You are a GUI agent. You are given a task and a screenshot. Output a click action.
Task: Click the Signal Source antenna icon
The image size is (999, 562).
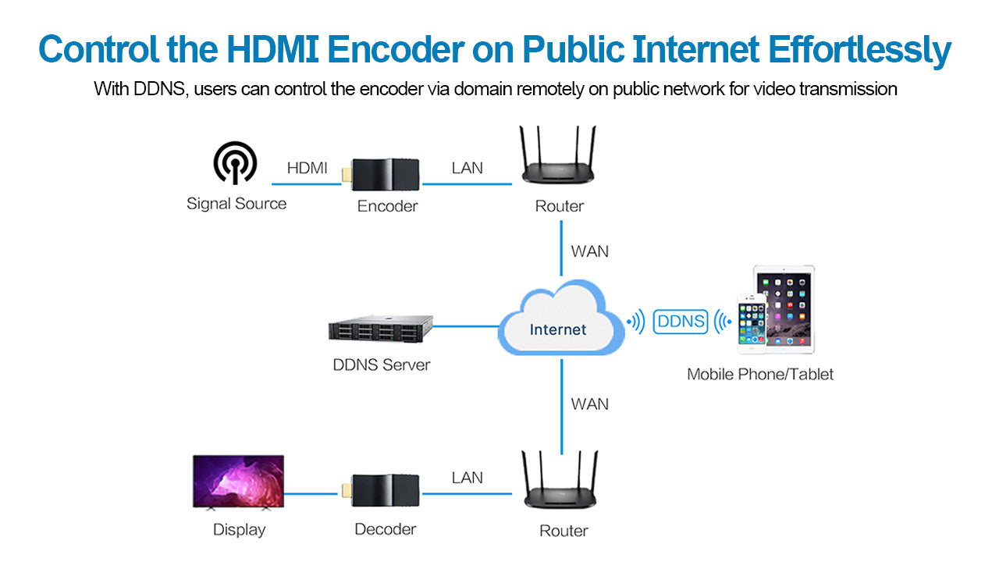point(235,163)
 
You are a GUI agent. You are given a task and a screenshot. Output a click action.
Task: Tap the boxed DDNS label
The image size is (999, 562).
point(680,322)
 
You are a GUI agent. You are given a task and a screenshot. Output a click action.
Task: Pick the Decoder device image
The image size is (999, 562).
point(385,491)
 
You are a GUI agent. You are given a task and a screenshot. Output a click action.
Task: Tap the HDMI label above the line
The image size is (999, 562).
point(308,167)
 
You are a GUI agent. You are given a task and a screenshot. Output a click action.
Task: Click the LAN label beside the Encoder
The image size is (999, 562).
point(467,167)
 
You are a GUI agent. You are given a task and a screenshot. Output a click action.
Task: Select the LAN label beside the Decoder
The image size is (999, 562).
point(467,477)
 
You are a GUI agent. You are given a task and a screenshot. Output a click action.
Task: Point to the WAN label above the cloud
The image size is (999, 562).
point(589,251)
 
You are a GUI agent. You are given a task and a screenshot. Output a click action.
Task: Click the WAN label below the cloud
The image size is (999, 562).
point(589,404)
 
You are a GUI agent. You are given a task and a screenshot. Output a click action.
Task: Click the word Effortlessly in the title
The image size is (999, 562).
point(859,50)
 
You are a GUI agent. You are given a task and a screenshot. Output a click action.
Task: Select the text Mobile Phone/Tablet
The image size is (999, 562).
point(759,374)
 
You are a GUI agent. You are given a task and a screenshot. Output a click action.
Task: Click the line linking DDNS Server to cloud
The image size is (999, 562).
point(466,325)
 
